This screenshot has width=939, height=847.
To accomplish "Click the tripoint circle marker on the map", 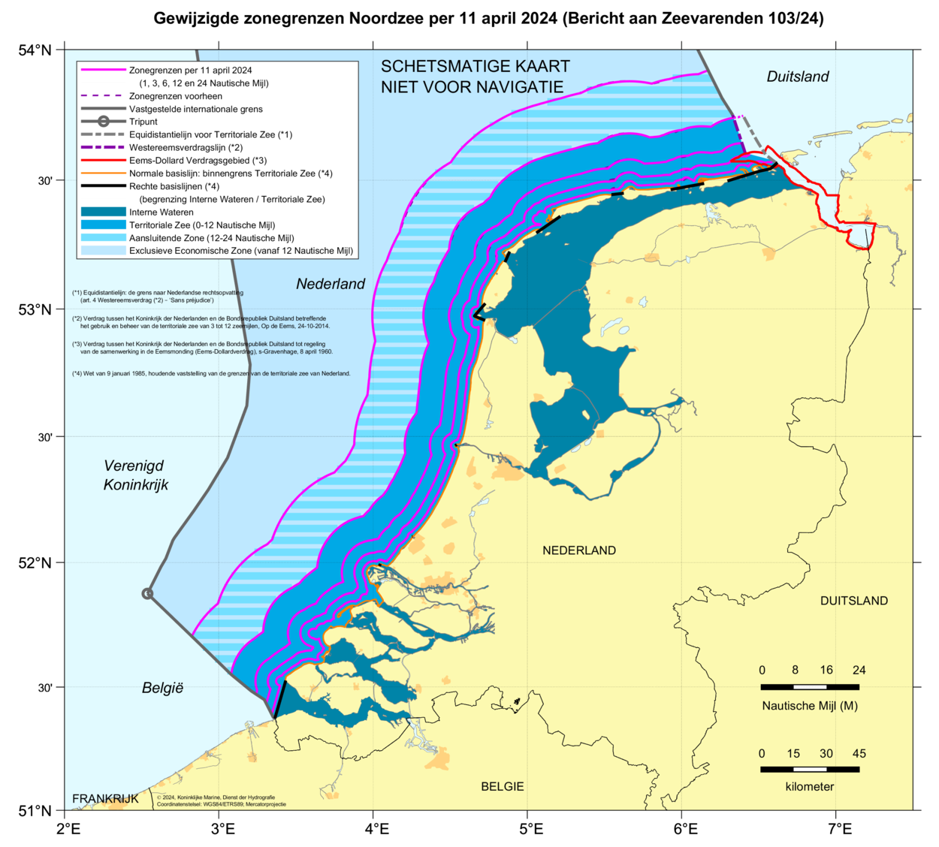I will coord(148,593).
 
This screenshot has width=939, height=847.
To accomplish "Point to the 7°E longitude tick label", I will coord(839,829).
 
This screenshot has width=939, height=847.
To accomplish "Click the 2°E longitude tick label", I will coord(68,829).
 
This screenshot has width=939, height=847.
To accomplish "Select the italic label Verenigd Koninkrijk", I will coord(135,475).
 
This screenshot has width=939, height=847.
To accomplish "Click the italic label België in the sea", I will coord(162,688).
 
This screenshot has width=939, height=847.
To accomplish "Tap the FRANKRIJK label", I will coord(105,798).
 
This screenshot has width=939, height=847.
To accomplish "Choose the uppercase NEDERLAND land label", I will coord(579,550).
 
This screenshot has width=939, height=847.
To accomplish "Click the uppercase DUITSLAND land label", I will coord(853,601).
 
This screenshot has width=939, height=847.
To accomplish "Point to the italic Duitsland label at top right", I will coord(798,77).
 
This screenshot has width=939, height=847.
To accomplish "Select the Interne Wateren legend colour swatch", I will coord(103,213).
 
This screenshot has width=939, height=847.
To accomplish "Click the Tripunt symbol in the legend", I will coord(103,122).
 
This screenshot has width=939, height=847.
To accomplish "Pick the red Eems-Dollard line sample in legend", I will coord(103,161).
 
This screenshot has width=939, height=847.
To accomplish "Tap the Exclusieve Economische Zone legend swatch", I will coord(103,251).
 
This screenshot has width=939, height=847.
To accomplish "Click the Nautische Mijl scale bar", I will coord(810,686).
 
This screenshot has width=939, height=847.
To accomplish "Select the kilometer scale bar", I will coord(810,769).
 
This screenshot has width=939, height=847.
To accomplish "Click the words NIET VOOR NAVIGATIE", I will coord(472,87).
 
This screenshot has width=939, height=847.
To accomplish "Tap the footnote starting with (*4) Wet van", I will coord(211,373).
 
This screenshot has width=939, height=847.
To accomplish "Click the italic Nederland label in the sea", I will coord(331,284).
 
